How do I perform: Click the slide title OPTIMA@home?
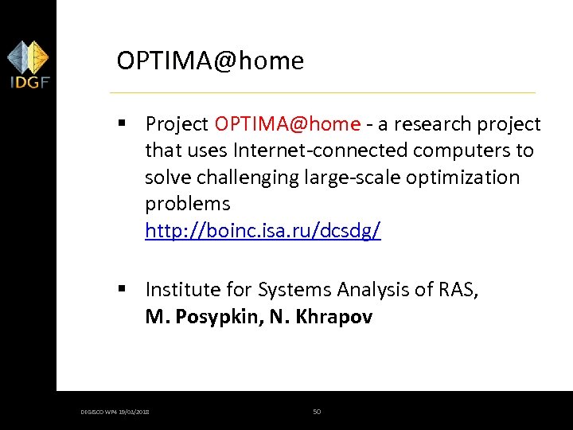pyautogui.click(x=210, y=61)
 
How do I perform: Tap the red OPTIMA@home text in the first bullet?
pyautogui.click(x=287, y=124)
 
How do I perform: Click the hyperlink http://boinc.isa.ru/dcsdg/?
pyautogui.click(x=263, y=231)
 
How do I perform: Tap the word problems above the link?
pyautogui.click(x=187, y=204)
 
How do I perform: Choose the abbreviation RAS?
pyautogui.click(x=456, y=290)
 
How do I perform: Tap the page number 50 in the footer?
pyautogui.click(x=317, y=412)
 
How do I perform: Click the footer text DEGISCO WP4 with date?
pyautogui.click(x=115, y=412)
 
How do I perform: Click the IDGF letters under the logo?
pyautogui.click(x=28, y=81)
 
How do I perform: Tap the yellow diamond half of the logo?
pyautogui.click(x=37, y=57)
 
